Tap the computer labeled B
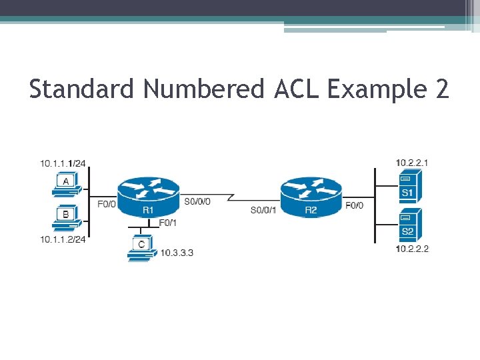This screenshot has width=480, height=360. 66,217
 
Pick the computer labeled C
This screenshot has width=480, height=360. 141,249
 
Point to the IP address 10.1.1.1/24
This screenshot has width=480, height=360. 63,163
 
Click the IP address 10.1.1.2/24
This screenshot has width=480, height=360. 63,240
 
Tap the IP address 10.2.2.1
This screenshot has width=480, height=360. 412,162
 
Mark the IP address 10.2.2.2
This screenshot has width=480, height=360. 412,249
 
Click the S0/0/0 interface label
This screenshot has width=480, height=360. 197,201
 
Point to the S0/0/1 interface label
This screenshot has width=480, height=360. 263,210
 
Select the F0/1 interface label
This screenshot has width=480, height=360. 167,222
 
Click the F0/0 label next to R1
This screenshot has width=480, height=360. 107,204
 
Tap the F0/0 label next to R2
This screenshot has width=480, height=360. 354,205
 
